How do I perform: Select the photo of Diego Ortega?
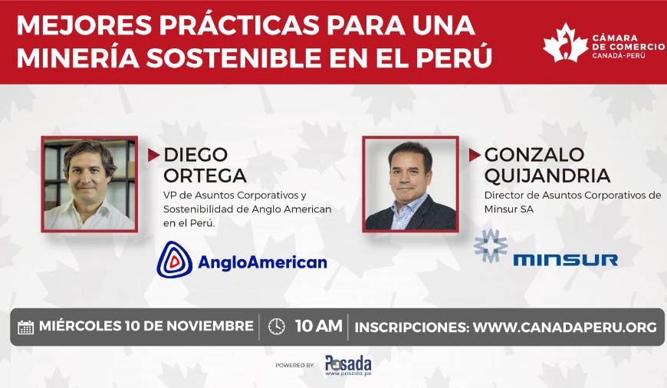tap(90, 184)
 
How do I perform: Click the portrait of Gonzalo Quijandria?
tap(410, 184)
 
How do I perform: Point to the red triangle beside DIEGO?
tap(153, 155)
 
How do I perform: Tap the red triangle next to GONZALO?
tap(475, 155)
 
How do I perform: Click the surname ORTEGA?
tap(205, 176)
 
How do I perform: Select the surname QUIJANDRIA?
tap(547, 176)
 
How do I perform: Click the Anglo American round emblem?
tap(174, 260)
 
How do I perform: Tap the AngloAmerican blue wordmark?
tap(262, 262)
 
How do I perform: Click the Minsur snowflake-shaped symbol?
tap(491, 246)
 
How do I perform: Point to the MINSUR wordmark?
tap(565, 260)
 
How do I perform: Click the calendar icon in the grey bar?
tap(25, 327)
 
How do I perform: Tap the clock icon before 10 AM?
tap(277, 327)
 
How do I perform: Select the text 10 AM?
tap(319, 326)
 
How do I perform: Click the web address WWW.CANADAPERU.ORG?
tap(565, 327)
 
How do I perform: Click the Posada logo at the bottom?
tap(348, 366)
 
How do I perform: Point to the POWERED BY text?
tap(295, 366)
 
